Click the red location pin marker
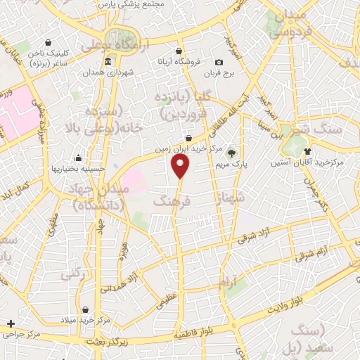[x=181, y=166]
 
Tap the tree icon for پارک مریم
[x=231, y=153]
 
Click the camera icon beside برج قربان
[x=219, y=63]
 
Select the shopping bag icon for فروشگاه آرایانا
[x=180, y=51]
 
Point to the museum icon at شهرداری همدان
[x=108, y=63]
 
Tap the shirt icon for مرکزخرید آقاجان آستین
[x=307, y=151]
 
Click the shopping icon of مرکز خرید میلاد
[x=85, y=310]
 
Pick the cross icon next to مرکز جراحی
[x=10, y=324]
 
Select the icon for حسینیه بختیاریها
[x=78, y=157]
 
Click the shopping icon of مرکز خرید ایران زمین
[x=188, y=139]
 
